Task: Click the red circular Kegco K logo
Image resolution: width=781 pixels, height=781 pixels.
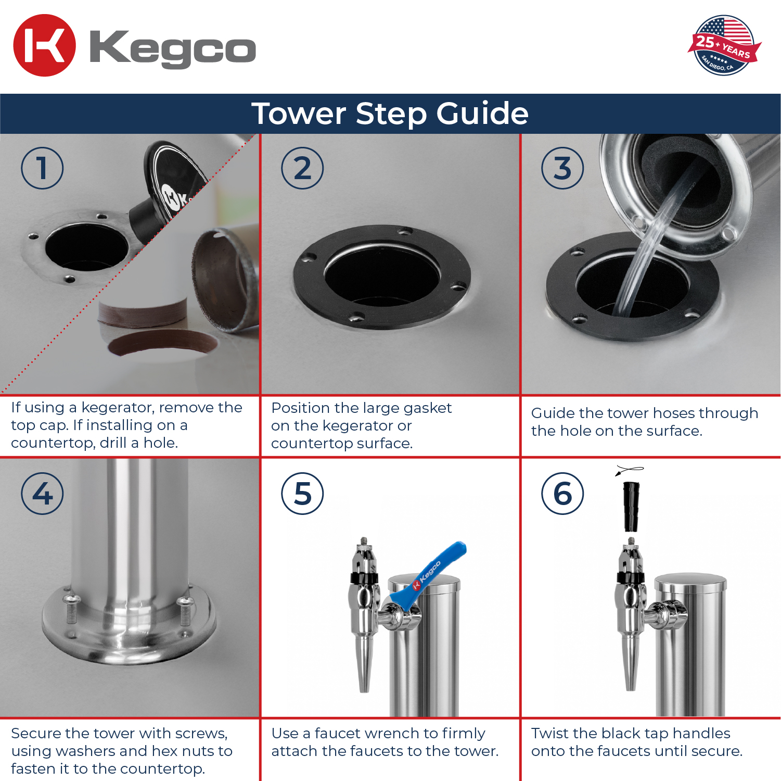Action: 44,45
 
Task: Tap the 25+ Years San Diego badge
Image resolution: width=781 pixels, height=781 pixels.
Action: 724,45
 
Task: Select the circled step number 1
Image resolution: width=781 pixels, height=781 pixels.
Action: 42,168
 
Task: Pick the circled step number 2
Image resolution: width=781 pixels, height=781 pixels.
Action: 302,168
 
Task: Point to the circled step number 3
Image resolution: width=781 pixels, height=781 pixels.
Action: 562,168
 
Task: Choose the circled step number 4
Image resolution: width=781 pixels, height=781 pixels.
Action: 42,494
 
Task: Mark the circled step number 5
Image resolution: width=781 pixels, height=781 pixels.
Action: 302,494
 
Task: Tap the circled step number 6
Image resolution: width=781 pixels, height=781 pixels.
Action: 562,494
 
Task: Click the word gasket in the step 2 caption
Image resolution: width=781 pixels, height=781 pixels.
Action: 427,408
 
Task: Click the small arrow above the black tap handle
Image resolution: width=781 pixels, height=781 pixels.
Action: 629,471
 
